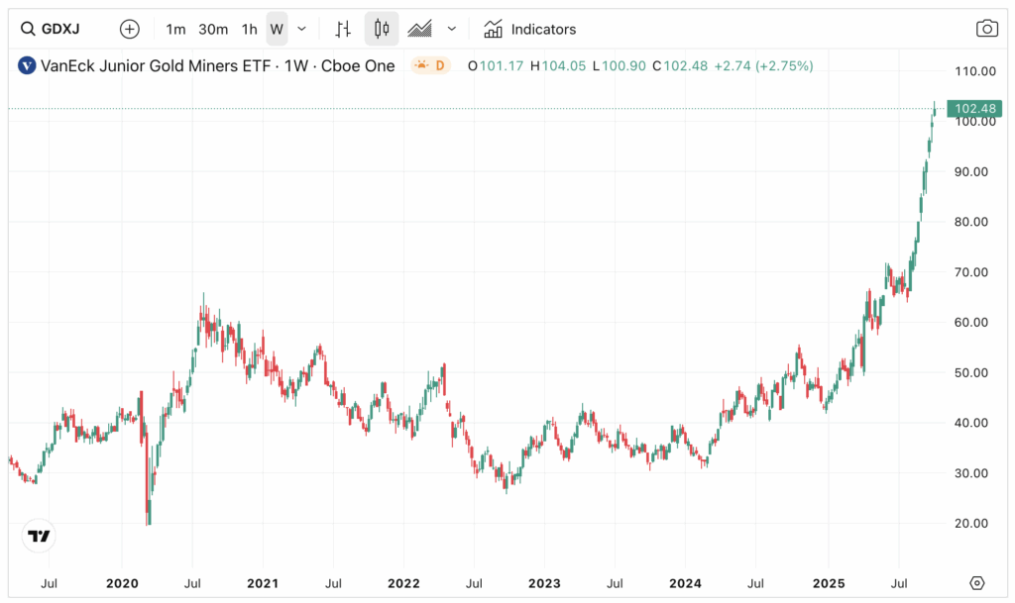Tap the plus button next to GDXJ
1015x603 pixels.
point(130,29)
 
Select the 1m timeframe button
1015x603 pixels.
point(175,29)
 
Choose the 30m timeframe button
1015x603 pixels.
point(213,29)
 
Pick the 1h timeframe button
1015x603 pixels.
point(250,29)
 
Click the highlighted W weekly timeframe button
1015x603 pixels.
point(277,29)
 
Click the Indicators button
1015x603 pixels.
point(530,29)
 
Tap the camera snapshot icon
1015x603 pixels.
point(986,29)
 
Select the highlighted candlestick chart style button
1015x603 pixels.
point(382,29)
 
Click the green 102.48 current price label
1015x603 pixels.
point(972,108)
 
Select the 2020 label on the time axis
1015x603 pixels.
point(122,583)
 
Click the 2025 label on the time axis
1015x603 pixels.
point(829,583)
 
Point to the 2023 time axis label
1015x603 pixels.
point(545,583)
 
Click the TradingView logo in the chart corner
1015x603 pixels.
point(39,536)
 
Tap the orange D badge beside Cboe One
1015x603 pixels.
point(431,66)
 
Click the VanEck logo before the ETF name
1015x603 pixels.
point(26,66)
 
